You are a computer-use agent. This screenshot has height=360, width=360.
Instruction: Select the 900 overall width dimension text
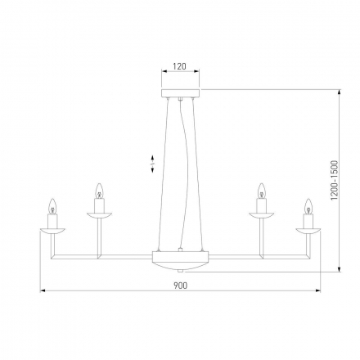click(x=180, y=286)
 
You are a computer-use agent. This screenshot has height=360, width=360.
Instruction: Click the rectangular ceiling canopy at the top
click(x=179, y=92)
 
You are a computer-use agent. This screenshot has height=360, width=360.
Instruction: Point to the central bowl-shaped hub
click(x=180, y=259)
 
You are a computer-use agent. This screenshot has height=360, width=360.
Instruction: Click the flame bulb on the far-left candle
click(x=53, y=205)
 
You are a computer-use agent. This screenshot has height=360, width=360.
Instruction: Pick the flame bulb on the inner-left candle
click(x=100, y=192)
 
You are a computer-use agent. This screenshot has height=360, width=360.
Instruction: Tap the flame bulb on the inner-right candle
click(x=262, y=192)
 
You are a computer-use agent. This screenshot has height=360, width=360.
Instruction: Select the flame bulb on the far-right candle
click(x=308, y=205)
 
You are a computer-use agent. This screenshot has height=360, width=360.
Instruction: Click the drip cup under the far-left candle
click(x=53, y=231)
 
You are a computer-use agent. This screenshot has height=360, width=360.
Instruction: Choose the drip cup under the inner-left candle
click(x=100, y=217)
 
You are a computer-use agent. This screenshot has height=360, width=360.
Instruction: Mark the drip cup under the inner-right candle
click(x=262, y=217)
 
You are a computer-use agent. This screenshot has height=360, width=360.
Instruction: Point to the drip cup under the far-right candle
click(x=308, y=231)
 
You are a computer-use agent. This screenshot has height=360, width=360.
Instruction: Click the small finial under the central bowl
click(x=180, y=272)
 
